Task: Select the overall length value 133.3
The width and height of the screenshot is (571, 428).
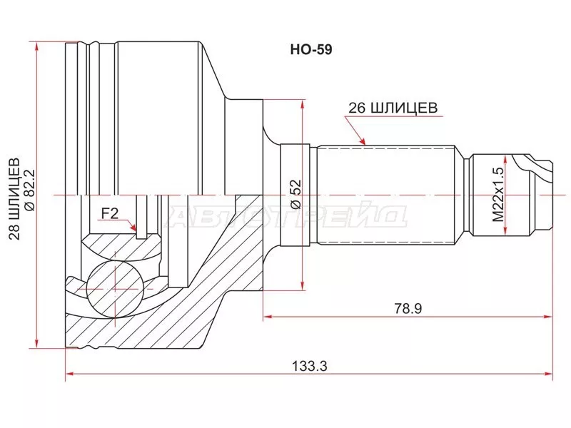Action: click(309, 365)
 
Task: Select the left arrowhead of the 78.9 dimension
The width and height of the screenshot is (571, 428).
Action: click(268, 315)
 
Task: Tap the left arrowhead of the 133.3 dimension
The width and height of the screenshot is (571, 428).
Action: click(70, 374)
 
